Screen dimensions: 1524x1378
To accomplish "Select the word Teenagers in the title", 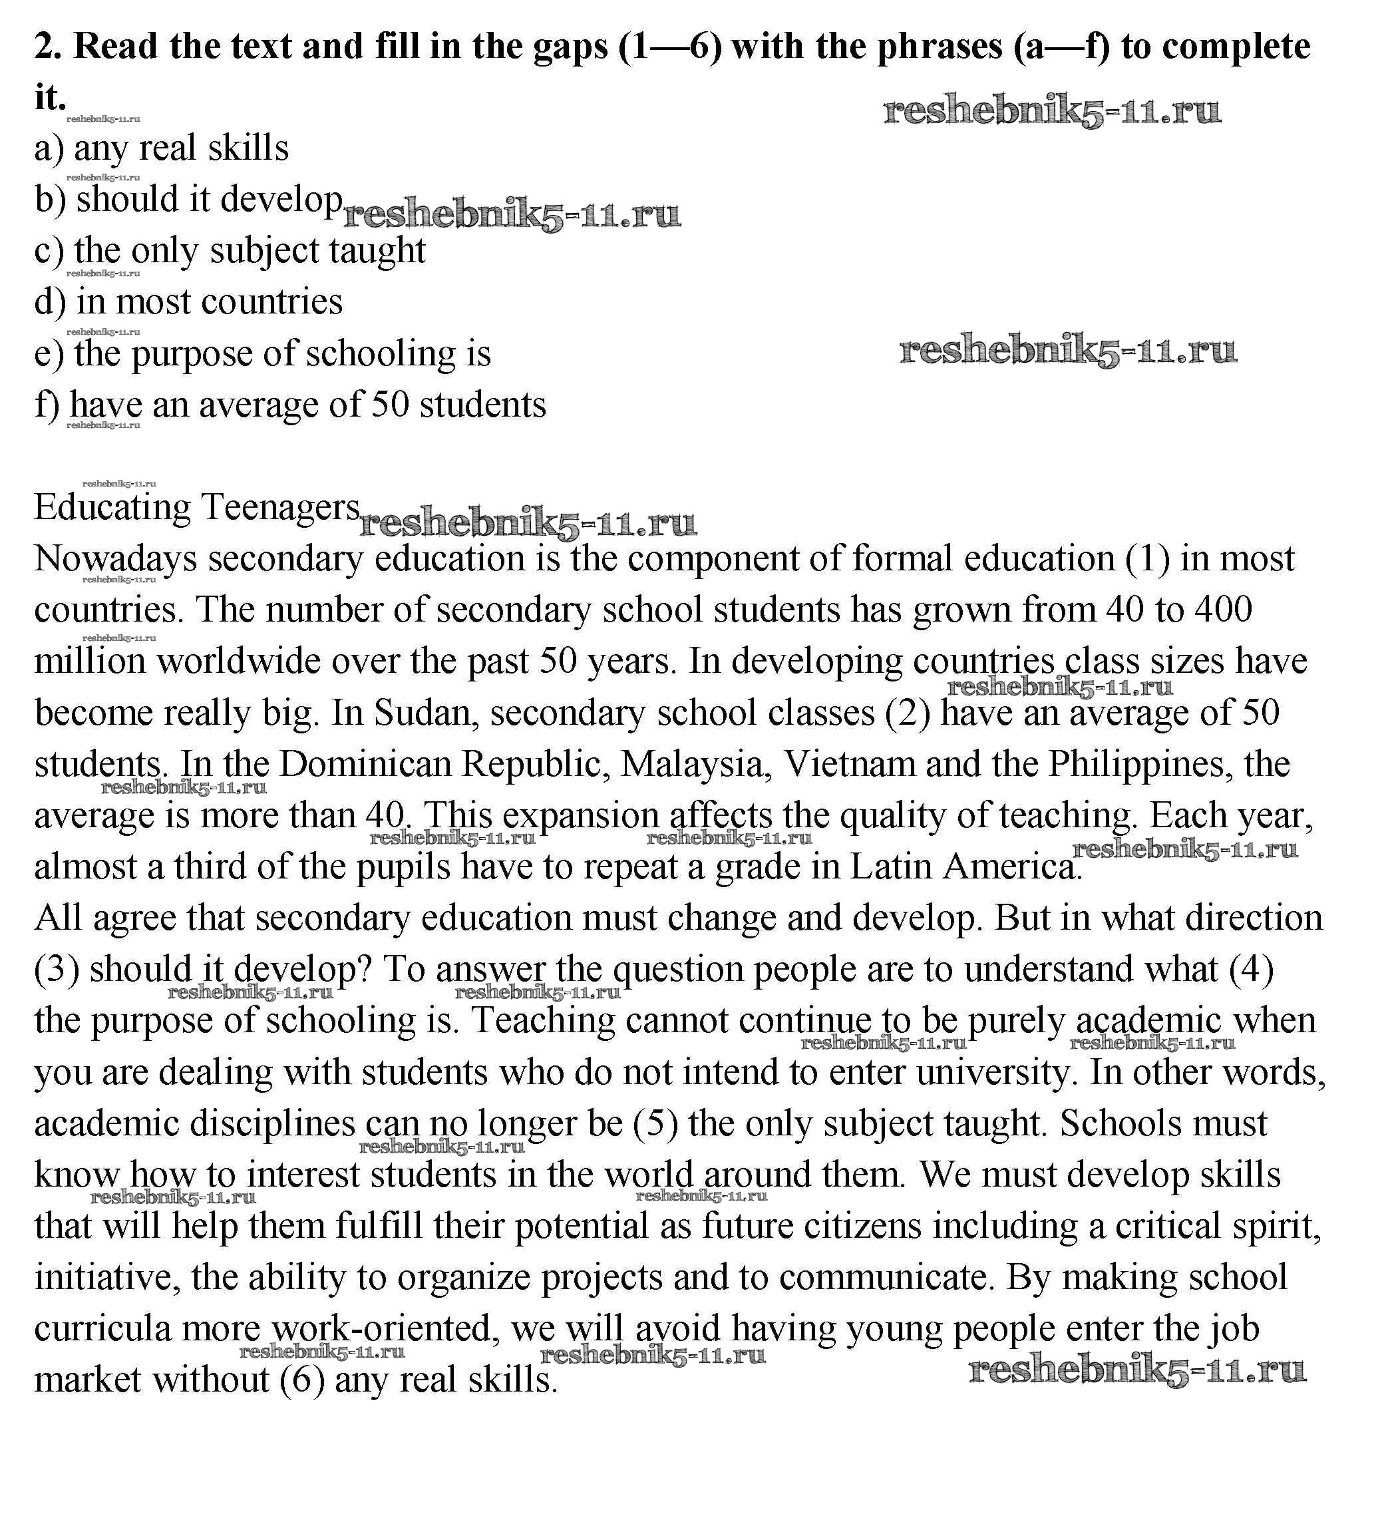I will (279, 508).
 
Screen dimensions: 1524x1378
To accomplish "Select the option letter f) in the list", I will (47, 405).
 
